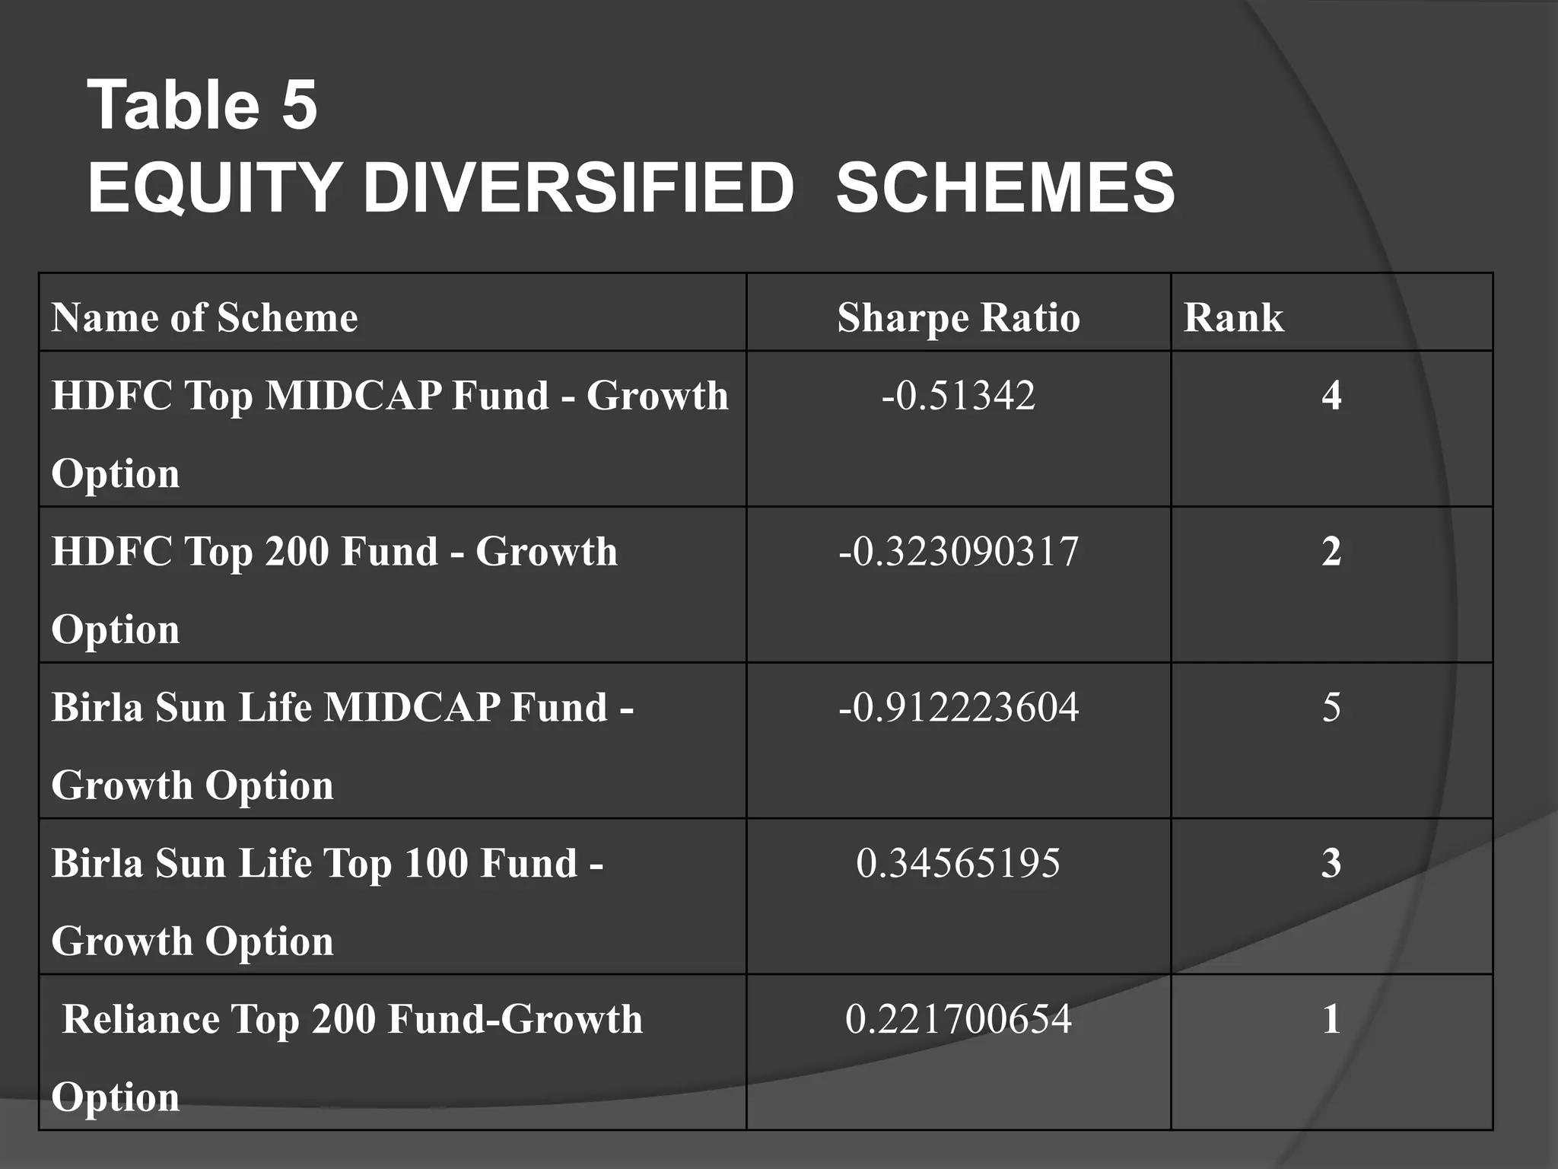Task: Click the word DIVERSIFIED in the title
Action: [x=578, y=188]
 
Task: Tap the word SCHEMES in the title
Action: [x=1005, y=188]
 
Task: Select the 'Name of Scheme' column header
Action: [x=205, y=317]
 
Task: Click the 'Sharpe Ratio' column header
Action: [x=959, y=317]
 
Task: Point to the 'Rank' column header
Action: [x=1233, y=317]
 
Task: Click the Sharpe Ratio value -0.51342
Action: [x=959, y=396]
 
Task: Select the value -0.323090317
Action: [x=959, y=552]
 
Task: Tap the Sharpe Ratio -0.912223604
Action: [x=959, y=708]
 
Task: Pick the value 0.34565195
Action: [x=959, y=864]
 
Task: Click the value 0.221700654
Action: [x=959, y=1020]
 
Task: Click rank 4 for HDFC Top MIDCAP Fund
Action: [x=1331, y=396]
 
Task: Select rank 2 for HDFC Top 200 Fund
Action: [x=1331, y=552]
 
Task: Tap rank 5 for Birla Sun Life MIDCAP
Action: [x=1331, y=708]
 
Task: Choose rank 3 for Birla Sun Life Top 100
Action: [x=1331, y=864]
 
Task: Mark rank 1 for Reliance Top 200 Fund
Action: [x=1331, y=1020]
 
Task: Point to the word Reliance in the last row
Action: [x=140, y=1020]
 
